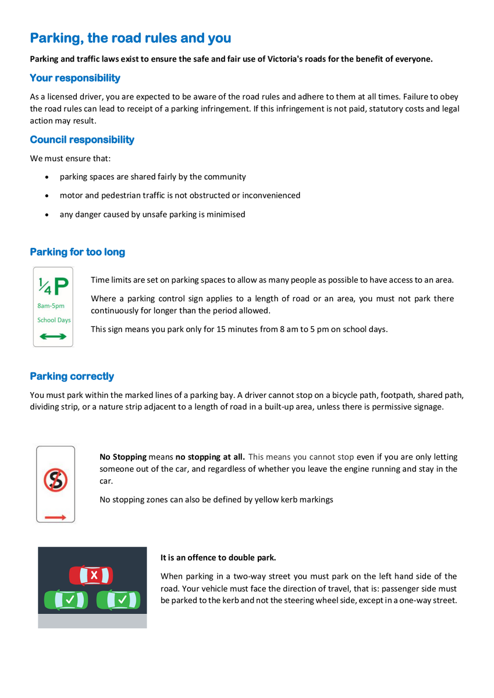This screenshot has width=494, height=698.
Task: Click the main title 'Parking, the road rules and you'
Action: pyautogui.click(x=130, y=38)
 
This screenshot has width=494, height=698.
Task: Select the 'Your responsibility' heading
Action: pyautogui.click(x=75, y=78)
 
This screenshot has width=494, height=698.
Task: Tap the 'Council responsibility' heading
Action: pyautogui.click(x=82, y=140)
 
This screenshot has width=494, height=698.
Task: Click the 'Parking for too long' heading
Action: pyautogui.click(x=77, y=252)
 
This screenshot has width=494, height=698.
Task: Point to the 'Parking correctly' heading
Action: pyautogui.click(x=72, y=376)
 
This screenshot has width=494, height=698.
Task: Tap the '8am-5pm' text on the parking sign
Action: pyautogui.click(x=51, y=305)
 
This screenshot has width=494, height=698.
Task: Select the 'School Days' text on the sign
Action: pyautogui.click(x=54, y=320)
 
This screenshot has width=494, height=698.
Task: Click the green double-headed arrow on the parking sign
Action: pyautogui.click(x=53, y=336)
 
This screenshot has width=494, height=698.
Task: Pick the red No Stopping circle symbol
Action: pyautogui.click(x=56, y=480)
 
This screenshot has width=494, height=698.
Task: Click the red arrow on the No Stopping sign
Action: pyautogui.click(x=56, y=516)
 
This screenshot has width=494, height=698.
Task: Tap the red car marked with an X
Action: pyautogui.click(x=93, y=576)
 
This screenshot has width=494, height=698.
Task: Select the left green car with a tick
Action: pyautogui.click(x=66, y=600)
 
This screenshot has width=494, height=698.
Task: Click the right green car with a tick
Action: pyautogui.click(x=118, y=600)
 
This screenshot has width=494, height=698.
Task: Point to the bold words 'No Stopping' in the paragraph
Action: pyautogui.click(x=123, y=457)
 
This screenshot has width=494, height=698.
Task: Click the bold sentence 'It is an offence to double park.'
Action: pyautogui.click(x=218, y=557)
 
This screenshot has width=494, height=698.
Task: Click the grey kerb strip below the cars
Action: pyautogui.click(x=93, y=621)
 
